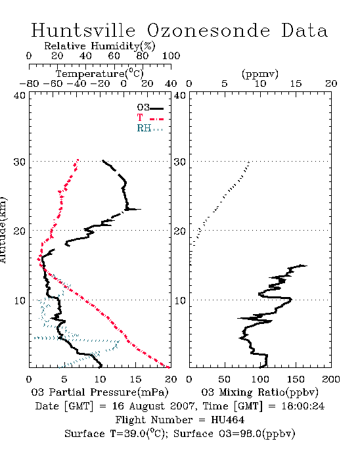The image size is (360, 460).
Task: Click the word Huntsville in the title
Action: [83, 30]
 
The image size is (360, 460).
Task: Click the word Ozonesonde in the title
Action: [208, 30]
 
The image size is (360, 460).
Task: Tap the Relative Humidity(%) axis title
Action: [100, 46]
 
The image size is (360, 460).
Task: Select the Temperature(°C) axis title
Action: [100, 74]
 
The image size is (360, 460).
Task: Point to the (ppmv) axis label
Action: [260, 74]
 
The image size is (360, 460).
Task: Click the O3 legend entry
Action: [150, 108]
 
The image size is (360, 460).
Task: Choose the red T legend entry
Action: [150, 118]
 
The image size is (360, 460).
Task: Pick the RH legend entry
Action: [150, 128]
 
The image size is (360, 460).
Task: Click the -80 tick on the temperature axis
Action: [29, 84]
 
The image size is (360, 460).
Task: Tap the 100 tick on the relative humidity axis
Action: [171, 56]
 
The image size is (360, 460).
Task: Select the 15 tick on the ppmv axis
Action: [296, 84]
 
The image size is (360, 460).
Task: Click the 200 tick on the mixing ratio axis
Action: [331, 379]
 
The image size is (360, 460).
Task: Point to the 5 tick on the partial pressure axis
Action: [64, 379]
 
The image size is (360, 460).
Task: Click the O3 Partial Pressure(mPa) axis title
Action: [100, 392]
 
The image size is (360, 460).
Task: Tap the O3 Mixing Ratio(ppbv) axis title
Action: [259, 392]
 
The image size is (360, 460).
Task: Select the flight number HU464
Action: [228, 420]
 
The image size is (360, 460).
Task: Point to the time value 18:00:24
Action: [303, 406]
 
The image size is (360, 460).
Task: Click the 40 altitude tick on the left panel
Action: [19, 95]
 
